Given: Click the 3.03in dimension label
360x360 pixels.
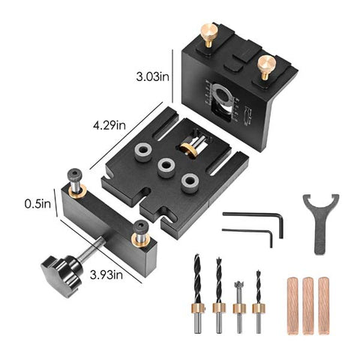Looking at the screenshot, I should point(152,77).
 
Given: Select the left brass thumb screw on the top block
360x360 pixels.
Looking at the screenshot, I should point(206,36).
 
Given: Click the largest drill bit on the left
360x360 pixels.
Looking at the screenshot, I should point(198,289).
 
